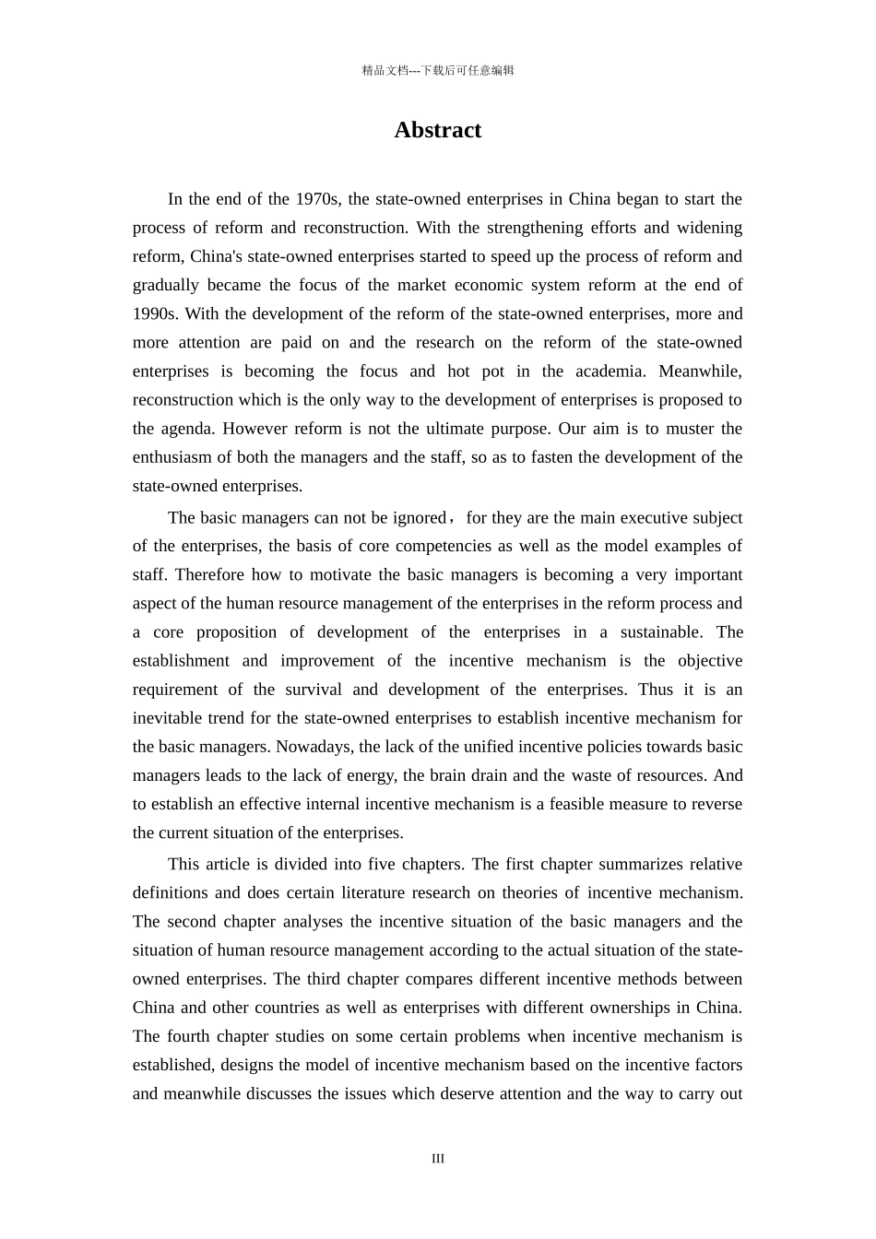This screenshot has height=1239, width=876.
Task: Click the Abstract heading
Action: click(437, 130)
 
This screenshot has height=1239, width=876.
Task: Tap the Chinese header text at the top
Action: click(437, 71)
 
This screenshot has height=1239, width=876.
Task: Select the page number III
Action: click(437, 1159)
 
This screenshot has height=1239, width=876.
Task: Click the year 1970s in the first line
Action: click(318, 199)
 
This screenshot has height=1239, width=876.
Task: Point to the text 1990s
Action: click(155, 313)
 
